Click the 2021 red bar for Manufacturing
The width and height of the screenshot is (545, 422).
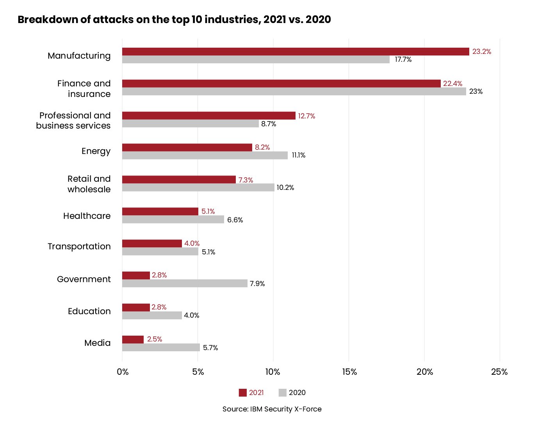[x=296, y=52]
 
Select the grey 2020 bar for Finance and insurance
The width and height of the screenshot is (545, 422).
[x=294, y=91]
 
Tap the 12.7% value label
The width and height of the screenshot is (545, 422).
[x=306, y=116]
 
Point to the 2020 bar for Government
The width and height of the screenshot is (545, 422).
[x=185, y=283]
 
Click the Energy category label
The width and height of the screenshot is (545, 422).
[x=96, y=151]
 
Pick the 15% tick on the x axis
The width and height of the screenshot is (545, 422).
[x=349, y=372]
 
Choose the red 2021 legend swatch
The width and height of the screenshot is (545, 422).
[x=243, y=393]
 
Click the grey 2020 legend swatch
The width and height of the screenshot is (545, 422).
[x=283, y=393]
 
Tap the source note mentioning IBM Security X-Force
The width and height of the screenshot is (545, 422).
[x=272, y=409]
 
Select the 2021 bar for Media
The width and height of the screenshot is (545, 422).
[x=133, y=340]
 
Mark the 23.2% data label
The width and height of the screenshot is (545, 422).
[x=482, y=52]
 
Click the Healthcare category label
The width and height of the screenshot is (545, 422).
[x=87, y=216]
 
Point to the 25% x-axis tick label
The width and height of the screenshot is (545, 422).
[x=499, y=372]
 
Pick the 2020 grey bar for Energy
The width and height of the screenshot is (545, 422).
[x=205, y=156]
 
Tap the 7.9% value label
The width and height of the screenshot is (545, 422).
[x=257, y=284]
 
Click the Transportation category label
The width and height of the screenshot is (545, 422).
[x=79, y=247]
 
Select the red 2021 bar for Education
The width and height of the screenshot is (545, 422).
[x=136, y=308]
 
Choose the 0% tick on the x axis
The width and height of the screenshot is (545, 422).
[x=123, y=372]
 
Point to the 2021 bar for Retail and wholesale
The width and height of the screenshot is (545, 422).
[x=179, y=180]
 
